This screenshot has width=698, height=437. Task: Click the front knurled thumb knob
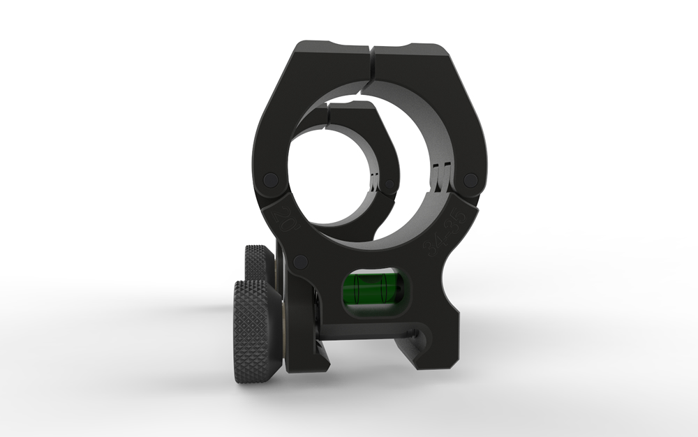pos(257,330)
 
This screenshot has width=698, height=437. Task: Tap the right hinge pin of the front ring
pos(471,180)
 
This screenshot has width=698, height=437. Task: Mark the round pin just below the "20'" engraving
pos(300,262)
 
